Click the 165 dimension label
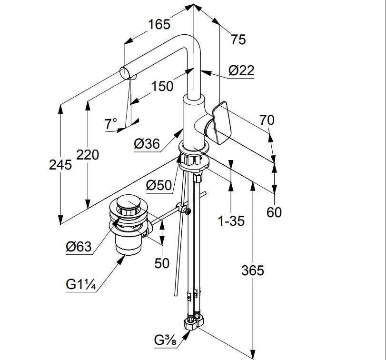point(159,24)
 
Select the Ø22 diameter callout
point(241,71)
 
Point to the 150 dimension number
point(162,86)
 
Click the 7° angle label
point(110,124)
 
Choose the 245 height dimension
point(60,165)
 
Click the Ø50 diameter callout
point(159,185)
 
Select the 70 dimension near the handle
point(267,120)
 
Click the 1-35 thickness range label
point(230,221)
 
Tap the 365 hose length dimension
point(252,270)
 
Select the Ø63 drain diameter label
point(79,247)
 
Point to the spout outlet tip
point(125,73)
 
